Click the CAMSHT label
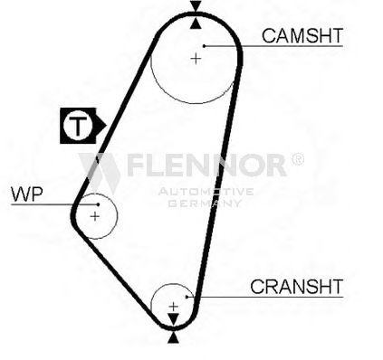[302, 35]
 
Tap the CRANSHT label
[297, 287]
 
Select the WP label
[27, 194]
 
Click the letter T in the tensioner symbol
[78, 126]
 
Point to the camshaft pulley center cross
[196, 58]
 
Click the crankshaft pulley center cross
[173, 307]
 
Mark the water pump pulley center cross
[95, 216]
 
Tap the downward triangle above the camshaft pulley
[196, 6]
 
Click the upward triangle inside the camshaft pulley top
[196, 24]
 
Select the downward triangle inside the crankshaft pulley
[173, 319]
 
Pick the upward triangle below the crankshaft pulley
[173, 337]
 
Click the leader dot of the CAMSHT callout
[205, 46]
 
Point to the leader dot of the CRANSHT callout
[187, 297]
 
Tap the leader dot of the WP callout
[98, 204]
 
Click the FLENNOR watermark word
[206, 165]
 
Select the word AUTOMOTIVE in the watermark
[206, 192]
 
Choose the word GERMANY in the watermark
[205, 203]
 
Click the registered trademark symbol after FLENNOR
[298, 159]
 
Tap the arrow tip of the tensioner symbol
[106, 125]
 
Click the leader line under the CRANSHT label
[265, 297]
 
